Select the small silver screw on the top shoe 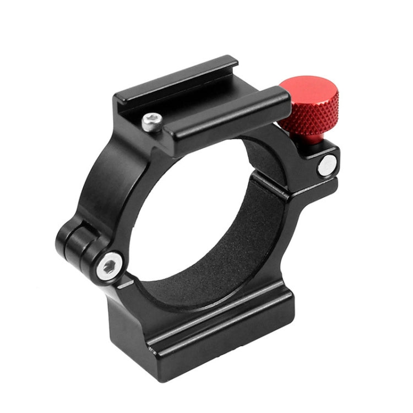point(151,122)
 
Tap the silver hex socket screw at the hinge point(108,267)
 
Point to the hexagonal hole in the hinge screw point(108,267)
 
